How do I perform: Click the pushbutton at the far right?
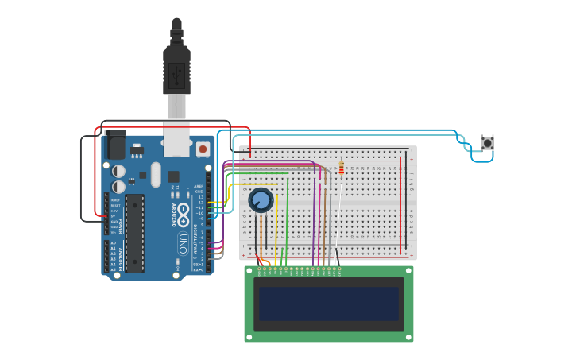487,143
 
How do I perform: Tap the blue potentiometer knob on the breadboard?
261,200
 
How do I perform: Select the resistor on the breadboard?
342,168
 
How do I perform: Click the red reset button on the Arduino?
203,149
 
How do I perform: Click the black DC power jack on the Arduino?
116,145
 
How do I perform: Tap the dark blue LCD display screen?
328,304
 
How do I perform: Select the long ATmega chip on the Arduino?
134,233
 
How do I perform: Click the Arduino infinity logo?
183,214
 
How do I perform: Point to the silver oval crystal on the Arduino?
156,174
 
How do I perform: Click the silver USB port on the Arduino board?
176,139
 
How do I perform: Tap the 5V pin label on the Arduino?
114,215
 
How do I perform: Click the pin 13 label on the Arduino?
200,196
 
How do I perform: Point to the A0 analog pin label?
114,243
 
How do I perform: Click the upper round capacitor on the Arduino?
118,171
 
